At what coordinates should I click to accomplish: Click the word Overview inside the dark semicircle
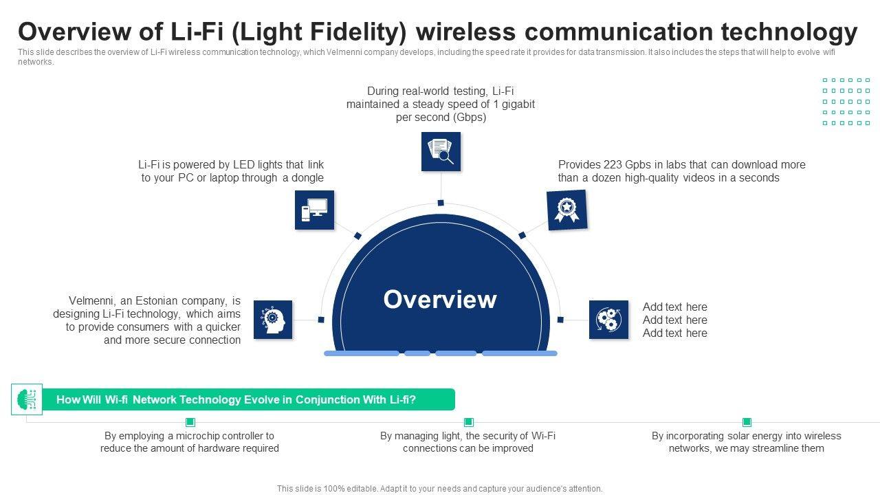440,300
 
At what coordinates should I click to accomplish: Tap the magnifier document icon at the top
441,151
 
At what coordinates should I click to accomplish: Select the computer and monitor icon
314,210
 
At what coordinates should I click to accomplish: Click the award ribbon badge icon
567,210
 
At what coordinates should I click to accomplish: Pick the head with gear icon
273,320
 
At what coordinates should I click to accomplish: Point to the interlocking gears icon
608,320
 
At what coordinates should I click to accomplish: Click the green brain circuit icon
27,399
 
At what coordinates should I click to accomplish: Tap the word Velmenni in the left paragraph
91,301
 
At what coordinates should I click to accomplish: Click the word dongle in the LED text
308,178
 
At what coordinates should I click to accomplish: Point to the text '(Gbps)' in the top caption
469,118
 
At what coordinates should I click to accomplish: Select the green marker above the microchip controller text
190,422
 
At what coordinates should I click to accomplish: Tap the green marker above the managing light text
468,422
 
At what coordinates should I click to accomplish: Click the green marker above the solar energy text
747,422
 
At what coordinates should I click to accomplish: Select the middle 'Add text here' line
674,320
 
